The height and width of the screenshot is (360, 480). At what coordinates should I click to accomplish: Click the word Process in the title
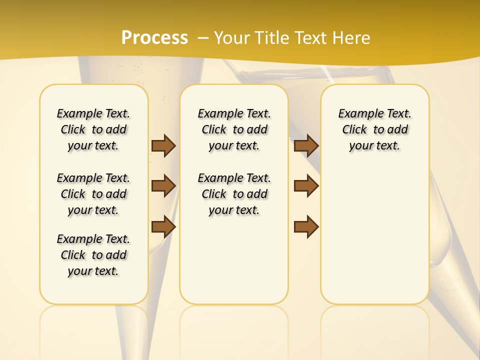(154, 38)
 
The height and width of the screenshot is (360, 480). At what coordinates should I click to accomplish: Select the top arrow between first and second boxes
(163, 145)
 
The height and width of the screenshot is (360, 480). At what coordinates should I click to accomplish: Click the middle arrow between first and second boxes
(163, 186)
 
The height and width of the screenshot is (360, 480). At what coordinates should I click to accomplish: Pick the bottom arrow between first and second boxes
(163, 226)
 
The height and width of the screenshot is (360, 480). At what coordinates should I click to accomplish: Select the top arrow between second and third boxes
(306, 145)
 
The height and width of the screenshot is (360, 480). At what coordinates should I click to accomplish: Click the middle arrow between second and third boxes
(306, 186)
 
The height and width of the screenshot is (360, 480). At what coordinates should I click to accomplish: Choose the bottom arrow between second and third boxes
(306, 226)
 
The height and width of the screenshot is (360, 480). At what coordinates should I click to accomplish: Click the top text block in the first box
(93, 129)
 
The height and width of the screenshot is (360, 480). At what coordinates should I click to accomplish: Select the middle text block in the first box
(93, 194)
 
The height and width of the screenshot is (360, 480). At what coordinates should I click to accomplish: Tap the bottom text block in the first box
(93, 255)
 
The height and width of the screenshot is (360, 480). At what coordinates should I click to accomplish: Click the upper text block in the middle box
(234, 129)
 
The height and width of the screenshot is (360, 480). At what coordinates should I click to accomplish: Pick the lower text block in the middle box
(234, 194)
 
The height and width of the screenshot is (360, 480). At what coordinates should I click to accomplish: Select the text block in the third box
(374, 129)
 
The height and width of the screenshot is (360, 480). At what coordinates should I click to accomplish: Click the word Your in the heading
(232, 38)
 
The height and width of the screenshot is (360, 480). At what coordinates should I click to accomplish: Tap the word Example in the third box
(359, 113)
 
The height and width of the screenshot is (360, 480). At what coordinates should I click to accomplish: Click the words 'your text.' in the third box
(374, 145)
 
